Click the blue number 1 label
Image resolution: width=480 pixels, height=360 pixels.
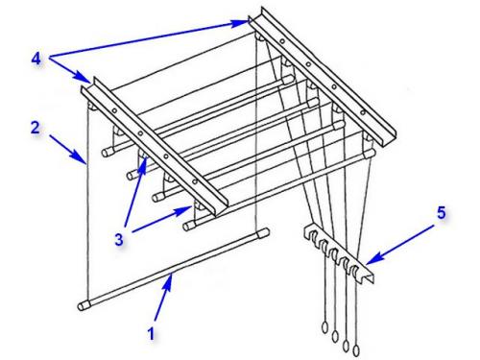coord(151,333)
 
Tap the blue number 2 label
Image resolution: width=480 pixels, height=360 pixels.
coord(36,128)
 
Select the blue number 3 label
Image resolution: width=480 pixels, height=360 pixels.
coord(119,239)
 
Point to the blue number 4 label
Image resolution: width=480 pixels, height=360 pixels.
coord(36,59)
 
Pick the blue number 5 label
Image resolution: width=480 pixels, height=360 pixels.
coord(442,213)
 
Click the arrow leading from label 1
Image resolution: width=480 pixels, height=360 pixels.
coord(163,297)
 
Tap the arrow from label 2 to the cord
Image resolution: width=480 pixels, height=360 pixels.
coord(68,150)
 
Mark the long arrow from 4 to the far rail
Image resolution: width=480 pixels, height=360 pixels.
coord(149,39)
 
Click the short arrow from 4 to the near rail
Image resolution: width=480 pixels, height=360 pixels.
coord(69,70)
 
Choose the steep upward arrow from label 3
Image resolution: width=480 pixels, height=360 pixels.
coord(135,192)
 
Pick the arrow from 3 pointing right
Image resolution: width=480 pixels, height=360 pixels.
coord(162,219)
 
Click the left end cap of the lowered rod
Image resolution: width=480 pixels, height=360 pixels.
coord(84,305)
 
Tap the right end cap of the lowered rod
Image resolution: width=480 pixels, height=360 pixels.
coord(263,232)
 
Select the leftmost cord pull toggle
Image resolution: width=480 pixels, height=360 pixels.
coord(324,327)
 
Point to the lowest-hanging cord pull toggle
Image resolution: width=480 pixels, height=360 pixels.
coord(356,350)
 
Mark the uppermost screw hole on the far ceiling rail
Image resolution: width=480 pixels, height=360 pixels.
coord(282,41)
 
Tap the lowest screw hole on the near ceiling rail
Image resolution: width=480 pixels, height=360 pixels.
coord(195,181)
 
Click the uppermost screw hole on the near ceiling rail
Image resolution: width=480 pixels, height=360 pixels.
coord(114,110)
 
